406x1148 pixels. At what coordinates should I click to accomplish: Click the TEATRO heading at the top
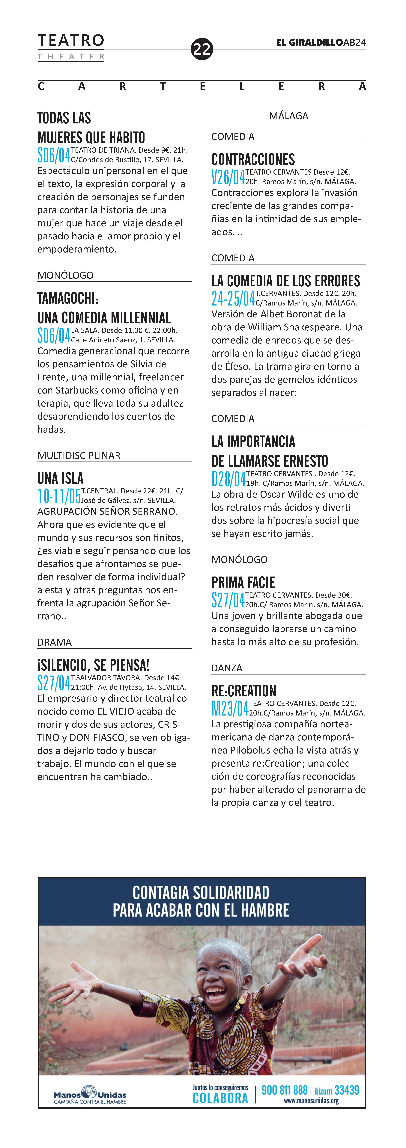click(x=71, y=41)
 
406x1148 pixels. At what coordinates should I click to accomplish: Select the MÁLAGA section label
click(x=288, y=116)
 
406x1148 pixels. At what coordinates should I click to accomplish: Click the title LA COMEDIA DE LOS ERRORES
click(x=286, y=281)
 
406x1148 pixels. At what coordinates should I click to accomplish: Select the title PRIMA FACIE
click(x=243, y=583)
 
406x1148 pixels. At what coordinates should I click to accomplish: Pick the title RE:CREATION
click(x=244, y=691)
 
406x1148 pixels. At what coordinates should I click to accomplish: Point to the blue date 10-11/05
click(x=59, y=496)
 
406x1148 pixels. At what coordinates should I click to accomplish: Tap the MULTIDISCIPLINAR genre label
click(x=79, y=456)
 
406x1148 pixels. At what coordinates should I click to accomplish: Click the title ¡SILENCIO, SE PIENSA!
click(x=93, y=665)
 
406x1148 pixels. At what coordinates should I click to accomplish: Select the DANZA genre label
click(x=227, y=668)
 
